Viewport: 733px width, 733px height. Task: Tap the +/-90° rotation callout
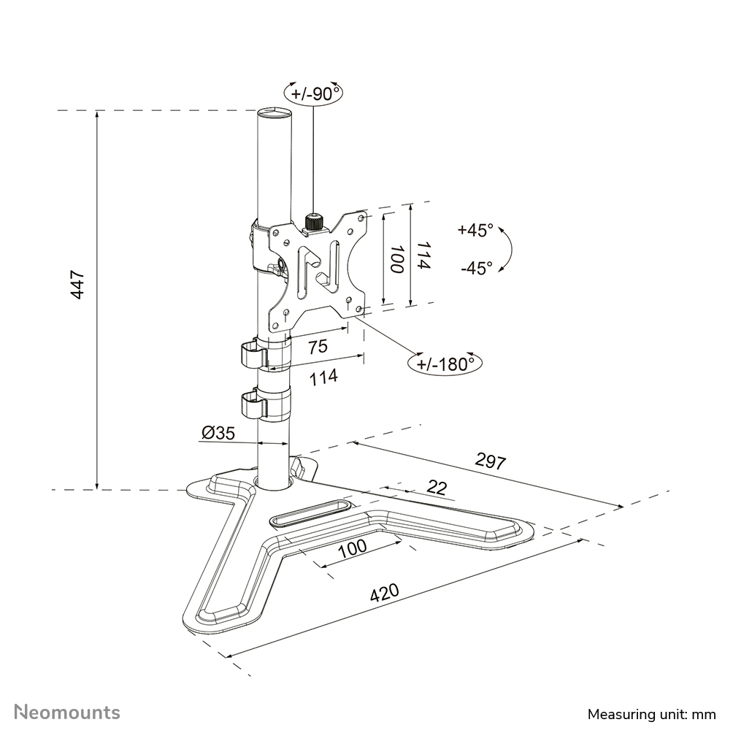click(x=314, y=93)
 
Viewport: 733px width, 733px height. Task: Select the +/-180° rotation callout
click(x=445, y=363)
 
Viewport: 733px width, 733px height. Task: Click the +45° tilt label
click(x=475, y=230)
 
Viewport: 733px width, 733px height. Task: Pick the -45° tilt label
click(x=476, y=268)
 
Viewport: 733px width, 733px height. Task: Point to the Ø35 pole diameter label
click(x=217, y=433)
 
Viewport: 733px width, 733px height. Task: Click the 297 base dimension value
click(x=491, y=460)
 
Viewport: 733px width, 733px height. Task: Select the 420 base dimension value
click(x=385, y=592)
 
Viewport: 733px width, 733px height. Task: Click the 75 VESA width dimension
click(x=318, y=348)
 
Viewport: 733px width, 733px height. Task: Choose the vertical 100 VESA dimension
click(x=396, y=259)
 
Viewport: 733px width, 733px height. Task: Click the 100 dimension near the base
click(x=352, y=548)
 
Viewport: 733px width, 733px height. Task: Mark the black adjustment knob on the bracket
click(x=313, y=222)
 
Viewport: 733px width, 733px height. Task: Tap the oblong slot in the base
click(x=310, y=513)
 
